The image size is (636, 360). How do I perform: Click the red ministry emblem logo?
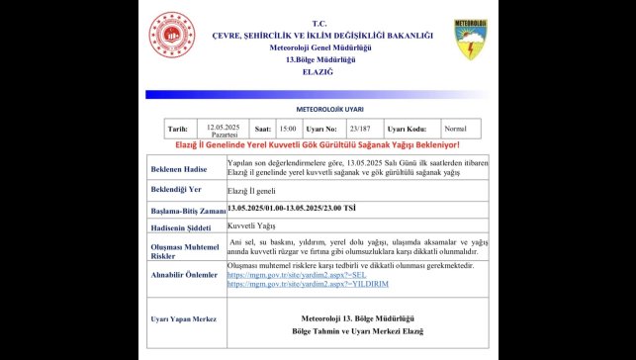pyautogui.click(x=172, y=40)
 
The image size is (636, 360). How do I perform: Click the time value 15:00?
pyautogui.click(x=288, y=129)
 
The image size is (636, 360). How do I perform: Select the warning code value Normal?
pyautogui.click(x=455, y=129)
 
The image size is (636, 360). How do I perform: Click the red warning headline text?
pyautogui.click(x=318, y=145)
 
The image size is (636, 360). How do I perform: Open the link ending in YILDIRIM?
pyautogui.click(x=293, y=284)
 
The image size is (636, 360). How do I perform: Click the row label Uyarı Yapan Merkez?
pyautogui.click(x=183, y=319)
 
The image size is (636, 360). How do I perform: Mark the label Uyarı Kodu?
pyautogui.click(x=407, y=129)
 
